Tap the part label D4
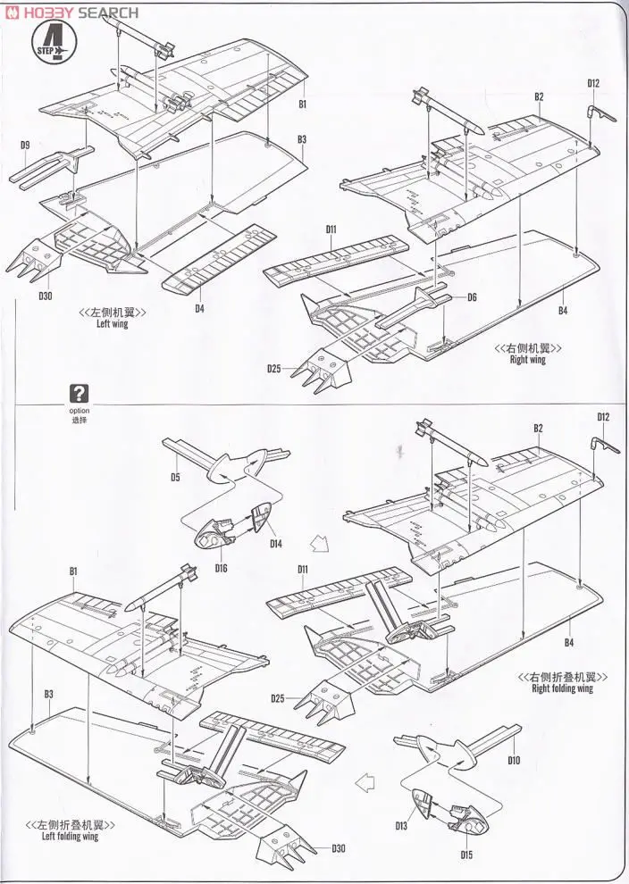pyautogui.click(x=199, y=309)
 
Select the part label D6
pyautogui.click(x=471, y=297)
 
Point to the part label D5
pyautogui.click(x=175, y=478)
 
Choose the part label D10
pyautogui.click(x=514, y=761)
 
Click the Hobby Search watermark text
pyautogui.click(x=73, y=13)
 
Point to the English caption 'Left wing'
pyautogui.click(x=113, y=324)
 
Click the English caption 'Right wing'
pyautogui.click(x=527, y=360)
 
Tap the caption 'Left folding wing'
pyautogui.click(x=70, y=837)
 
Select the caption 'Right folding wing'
pyautogui.click(x=562, y=688)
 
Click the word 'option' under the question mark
pyautogui.click(x=80, y=410)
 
